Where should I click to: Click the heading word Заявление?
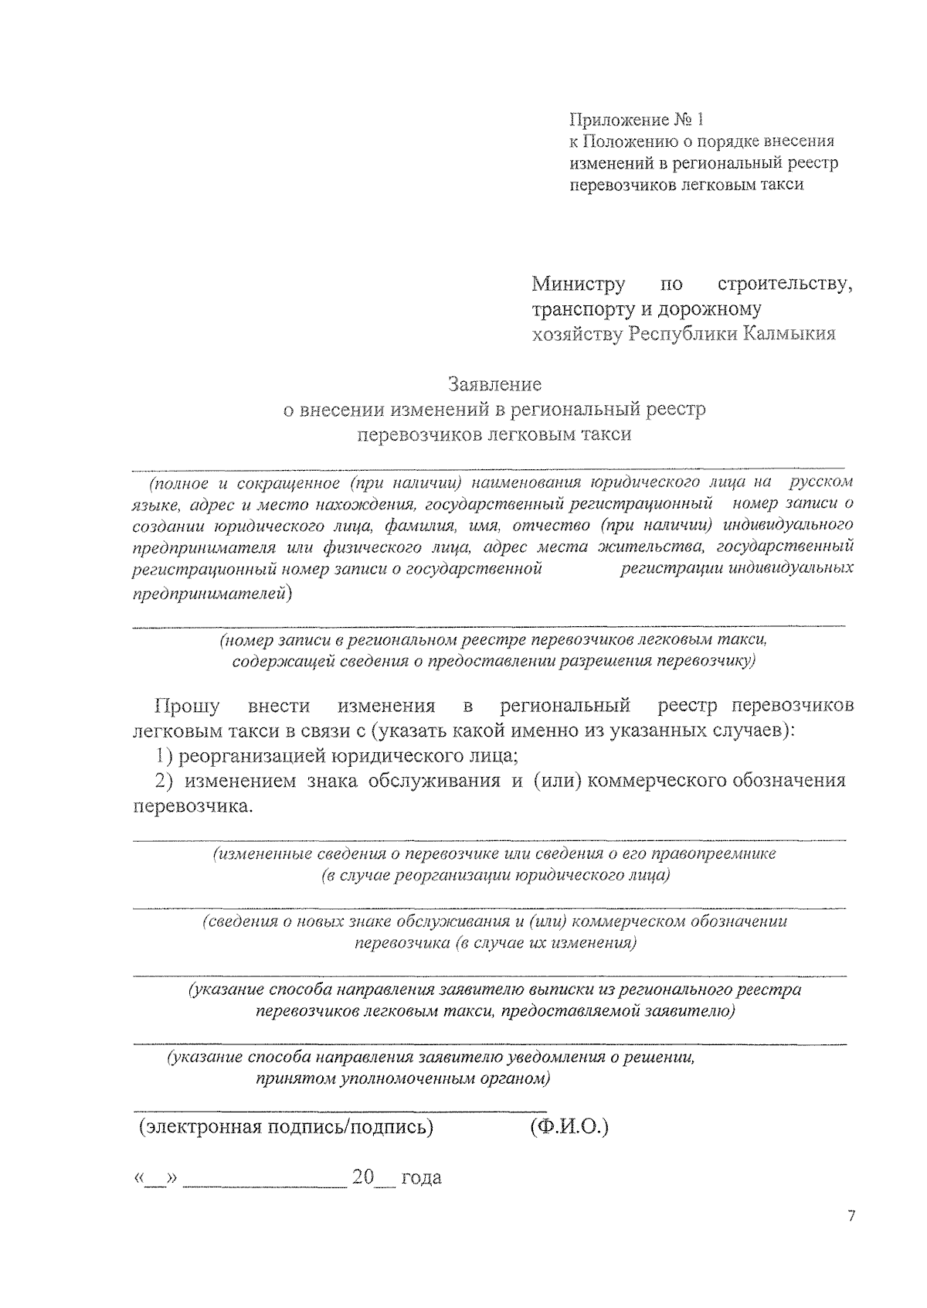coord(494,384)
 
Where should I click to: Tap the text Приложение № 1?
coord(637,120)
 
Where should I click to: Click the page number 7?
coord(851,1216)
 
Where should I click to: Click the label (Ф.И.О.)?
coord(569,1126)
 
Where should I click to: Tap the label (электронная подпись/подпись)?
coord(285,1126)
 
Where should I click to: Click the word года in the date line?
coord(421,1177)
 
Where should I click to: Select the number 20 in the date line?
coord(362,1177)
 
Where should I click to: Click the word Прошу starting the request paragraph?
coord(187,706)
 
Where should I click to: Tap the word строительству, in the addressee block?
coord(785,284)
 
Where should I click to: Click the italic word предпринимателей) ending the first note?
coord(213,594)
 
